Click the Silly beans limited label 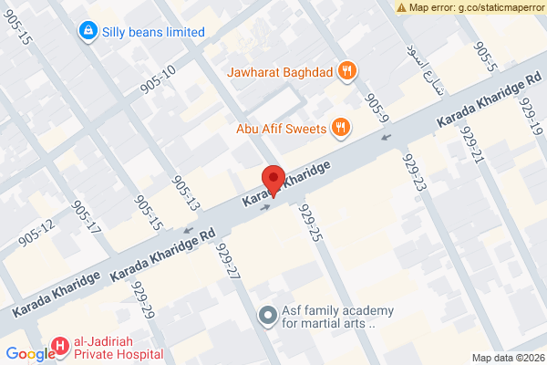pos(152,32)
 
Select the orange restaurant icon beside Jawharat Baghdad pos(346,70)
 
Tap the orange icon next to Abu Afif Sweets pos(340,129)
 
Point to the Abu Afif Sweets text pos(281,129)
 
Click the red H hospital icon pos(59,346)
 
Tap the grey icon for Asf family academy pos(267,316)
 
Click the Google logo pos(30,355)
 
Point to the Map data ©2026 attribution pos(507,357)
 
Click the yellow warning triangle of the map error pos(402,7)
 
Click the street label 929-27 pos(227,260)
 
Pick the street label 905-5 pos(485,57)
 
